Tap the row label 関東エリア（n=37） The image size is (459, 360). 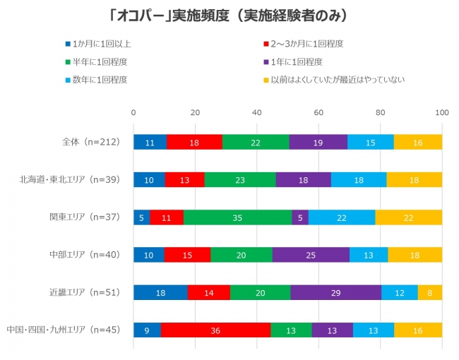[x=83, y=217]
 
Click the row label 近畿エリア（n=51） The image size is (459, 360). [x=83, y=292]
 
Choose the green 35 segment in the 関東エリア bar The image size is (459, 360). [x=237, y=217]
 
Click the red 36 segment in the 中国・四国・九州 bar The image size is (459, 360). [x=215, y=330]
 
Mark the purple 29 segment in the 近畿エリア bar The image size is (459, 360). [x=335, y=292]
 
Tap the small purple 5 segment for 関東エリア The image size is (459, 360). [x=300, y=217]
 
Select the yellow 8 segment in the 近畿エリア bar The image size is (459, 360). [x=429, y=292]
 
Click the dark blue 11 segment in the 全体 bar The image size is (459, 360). [x=150, y=142]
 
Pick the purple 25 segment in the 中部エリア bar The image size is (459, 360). [x=311, y=255]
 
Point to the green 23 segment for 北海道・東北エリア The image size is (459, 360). [x=240, y=179]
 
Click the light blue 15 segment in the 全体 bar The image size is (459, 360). [x=371, y=142]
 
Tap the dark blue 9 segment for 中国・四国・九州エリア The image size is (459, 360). [x=147, y=330]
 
